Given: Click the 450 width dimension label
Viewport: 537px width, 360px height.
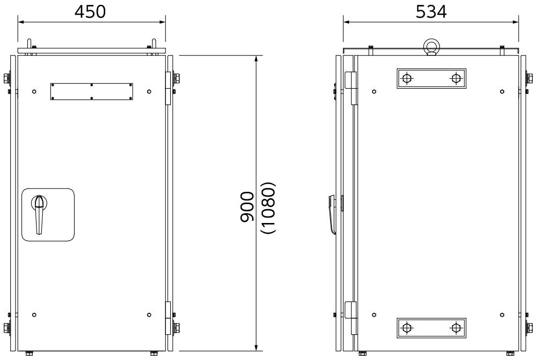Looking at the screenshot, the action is pos(90,12).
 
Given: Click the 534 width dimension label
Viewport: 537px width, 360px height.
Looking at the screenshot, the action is pos(431,12).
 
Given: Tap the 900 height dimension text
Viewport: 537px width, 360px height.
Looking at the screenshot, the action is pos(247,207).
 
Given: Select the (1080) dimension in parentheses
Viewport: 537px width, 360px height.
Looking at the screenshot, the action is pos(268,207).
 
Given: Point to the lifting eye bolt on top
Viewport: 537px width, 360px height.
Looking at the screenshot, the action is pos(431,47).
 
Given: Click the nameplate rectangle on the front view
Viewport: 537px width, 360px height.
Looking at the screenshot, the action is pos(92,91).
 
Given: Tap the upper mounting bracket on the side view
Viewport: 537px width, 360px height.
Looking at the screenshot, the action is pos(432,78).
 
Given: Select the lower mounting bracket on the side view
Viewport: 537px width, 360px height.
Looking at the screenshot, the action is pos(432,328).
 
